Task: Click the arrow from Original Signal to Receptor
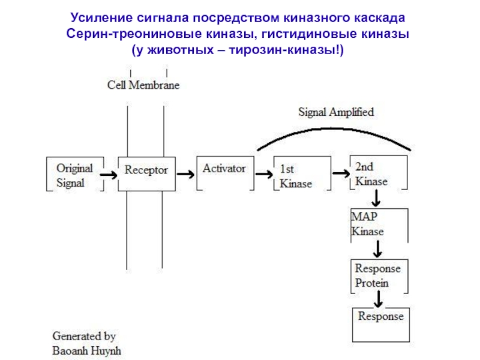click(109, 175)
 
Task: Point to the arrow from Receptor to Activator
click(185, 174)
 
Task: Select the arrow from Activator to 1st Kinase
click(264, 174)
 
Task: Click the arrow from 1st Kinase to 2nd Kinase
click(341, 173)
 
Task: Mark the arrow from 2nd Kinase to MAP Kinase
click(376, 199)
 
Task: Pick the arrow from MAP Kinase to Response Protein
click(378, 249)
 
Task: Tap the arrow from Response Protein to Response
click(379, 299)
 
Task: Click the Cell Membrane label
click(143, 85)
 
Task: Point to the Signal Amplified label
click(336, 112)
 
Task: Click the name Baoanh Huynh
click(86, 351)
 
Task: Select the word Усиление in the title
click(101, 18)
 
